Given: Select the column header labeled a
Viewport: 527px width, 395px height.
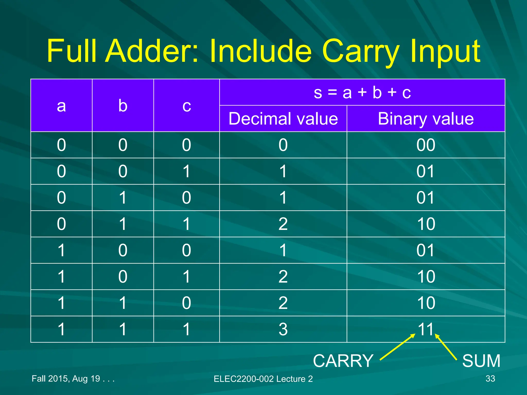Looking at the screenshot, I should pos(61,106).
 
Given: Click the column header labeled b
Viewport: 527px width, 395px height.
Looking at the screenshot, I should pos(123,106).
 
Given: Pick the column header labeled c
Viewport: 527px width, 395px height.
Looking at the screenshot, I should pos(187,106).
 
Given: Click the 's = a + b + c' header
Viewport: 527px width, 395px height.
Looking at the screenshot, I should pos(362,92).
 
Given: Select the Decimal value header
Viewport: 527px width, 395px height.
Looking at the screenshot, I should pos(283,119).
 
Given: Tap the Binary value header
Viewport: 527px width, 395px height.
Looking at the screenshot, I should pos(426,119).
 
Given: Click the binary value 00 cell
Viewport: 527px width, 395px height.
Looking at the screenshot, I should pos(426,145).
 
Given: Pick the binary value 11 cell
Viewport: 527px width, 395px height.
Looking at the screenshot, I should pos(426,329).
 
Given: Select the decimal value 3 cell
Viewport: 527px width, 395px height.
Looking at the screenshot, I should pos(283,329).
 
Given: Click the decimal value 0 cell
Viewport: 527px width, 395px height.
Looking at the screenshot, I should pos(283,145).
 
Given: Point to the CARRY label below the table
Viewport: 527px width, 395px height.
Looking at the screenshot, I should pos(343,361).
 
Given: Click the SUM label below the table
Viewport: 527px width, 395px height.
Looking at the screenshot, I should pos(481,361).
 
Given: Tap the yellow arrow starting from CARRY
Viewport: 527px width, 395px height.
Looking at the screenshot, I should pos(398,347).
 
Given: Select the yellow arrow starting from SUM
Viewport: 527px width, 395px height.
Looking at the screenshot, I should pos(446,347).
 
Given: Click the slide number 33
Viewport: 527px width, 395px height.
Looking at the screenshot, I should pos(490,379).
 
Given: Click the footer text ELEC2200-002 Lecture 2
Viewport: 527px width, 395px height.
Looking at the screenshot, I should pos(263,379).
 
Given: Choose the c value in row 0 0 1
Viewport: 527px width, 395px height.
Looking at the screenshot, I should pos(187,171).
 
